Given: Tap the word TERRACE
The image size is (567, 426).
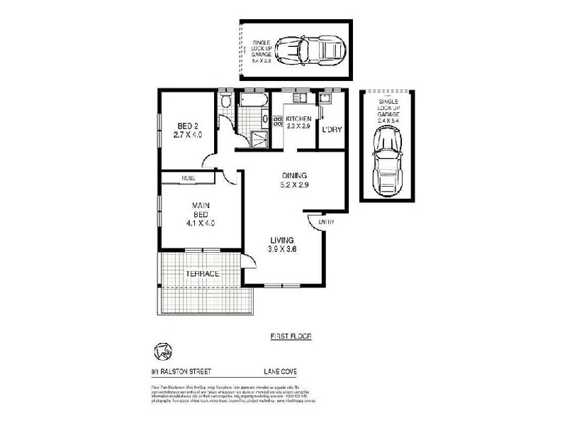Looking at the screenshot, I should click(202, 274).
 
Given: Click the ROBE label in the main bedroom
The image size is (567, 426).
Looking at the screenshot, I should click(188, 177).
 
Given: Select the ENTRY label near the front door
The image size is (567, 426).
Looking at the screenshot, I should click(326, 222).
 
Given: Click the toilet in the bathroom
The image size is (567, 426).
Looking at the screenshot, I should click(225, 102).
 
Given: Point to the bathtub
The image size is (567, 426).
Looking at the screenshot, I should click(252, 102).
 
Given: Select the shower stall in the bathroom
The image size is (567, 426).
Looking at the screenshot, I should click(261, 138).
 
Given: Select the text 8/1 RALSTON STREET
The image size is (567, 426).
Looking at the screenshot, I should click(182, 371).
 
